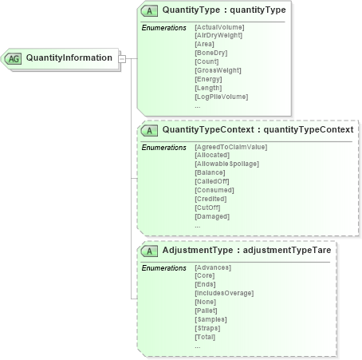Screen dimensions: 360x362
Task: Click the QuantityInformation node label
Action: [69, 57]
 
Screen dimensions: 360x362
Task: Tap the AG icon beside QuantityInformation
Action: [14, 58]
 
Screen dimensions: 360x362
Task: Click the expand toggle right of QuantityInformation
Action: [122, 58]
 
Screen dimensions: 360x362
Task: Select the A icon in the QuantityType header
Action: [149, 11]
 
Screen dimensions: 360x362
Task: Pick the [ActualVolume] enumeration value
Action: [219, 27]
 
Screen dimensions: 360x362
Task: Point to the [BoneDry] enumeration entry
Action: [211, 53]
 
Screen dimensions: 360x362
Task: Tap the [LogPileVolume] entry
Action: [221, 97]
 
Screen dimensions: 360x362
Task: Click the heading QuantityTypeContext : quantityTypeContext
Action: [257, 130]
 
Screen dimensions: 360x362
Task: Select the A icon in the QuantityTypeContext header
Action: [149, 130]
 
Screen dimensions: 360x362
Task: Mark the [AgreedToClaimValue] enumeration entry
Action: [230, 147]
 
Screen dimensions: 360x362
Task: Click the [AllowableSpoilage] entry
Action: [228, 164]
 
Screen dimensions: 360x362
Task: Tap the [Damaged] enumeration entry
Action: [212, 216]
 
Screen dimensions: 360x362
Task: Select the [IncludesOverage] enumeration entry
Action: [224, 293]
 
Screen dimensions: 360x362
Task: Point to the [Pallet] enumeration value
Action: [208, 311]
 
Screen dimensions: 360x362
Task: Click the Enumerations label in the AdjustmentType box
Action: [163, 267]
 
